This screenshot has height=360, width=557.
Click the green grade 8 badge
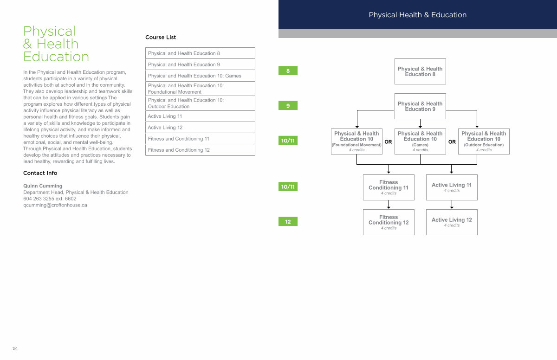288,71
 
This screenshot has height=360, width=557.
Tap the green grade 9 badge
288,106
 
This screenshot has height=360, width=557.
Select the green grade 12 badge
288,222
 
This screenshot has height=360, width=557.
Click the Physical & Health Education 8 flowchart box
420,71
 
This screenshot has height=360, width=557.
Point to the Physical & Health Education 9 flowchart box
420,106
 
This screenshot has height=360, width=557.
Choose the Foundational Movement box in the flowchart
356,141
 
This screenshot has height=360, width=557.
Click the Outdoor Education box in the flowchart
484,141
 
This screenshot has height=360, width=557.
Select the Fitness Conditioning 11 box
389,187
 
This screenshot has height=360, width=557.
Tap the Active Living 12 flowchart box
452,222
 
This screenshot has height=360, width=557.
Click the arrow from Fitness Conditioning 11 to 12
389,205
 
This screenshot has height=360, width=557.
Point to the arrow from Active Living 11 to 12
452,205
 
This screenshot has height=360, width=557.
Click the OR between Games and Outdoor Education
452,142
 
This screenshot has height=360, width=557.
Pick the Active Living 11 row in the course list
200,116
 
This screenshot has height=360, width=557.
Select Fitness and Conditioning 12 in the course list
200,150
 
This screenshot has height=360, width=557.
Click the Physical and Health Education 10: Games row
200,76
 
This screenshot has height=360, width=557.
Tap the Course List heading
161,37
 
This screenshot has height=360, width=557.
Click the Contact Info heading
40,173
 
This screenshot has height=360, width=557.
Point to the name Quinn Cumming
43,186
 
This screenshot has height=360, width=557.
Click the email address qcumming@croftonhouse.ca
55,205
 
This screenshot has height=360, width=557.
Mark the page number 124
15,348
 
